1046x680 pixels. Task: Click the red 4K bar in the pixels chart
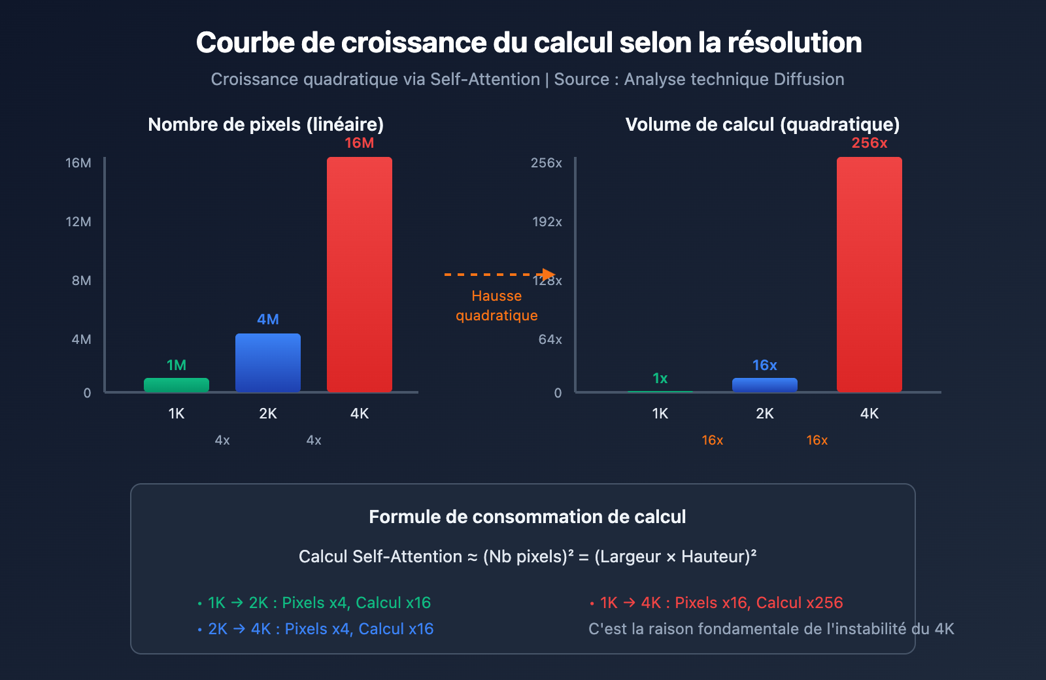point(360,275)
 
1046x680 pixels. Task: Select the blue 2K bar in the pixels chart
point(268,363)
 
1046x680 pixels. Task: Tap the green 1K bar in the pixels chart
point(177,385)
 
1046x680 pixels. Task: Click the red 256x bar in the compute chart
point(869,275)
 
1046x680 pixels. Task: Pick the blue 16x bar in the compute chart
point(765,385)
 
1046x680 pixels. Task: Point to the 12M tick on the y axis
point(78,222)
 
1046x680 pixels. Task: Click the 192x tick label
point(547,222)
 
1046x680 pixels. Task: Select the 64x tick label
point(550,339)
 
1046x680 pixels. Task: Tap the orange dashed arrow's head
point(548,275)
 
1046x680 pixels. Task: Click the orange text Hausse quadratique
point(497,305)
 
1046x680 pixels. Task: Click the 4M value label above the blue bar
point(268,319)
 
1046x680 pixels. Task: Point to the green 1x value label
point(660,378)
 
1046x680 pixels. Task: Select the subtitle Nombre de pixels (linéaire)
point(266,124)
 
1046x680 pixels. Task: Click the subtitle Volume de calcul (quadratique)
point(762,124)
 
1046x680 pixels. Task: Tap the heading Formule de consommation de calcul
point(527,517)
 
